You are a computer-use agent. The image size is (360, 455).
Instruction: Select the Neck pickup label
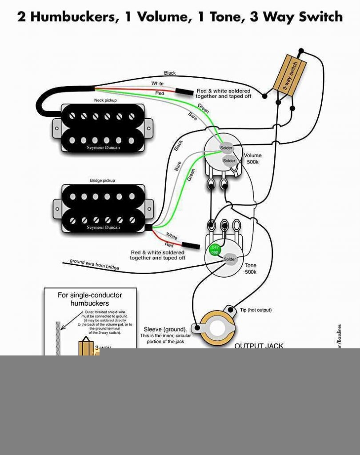[105, 100]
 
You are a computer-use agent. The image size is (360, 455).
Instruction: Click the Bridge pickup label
[103, 181]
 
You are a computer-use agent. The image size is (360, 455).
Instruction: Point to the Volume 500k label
[253, 159]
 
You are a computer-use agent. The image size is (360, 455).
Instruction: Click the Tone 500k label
[251, 268]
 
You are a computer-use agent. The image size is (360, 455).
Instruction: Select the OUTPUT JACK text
[259, 346]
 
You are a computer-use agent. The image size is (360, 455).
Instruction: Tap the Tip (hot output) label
[256, 310]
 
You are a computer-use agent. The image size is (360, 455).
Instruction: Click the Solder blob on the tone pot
[230, 259]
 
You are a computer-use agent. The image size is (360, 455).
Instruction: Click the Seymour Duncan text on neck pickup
[103, 148]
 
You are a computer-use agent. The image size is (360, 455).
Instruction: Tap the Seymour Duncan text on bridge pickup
[103, 227]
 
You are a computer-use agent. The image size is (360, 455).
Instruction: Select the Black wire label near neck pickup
[170, 73]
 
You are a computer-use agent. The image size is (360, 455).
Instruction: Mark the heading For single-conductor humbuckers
[90, 299]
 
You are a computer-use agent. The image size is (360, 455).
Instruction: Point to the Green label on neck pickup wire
[203, 108]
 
